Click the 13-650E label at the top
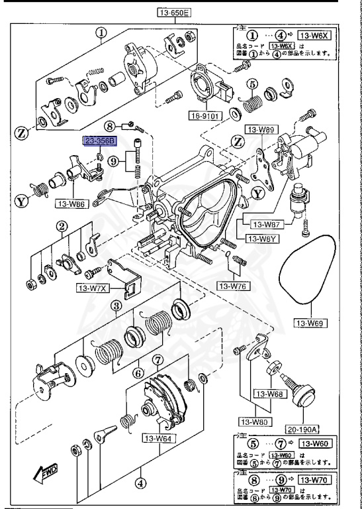click(173, 12)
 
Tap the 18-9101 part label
click(203, 114)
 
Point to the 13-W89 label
click(259, 131)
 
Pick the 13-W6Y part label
click(262, 239)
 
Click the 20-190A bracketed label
click(302, 429)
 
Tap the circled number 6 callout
click(137, 373)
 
